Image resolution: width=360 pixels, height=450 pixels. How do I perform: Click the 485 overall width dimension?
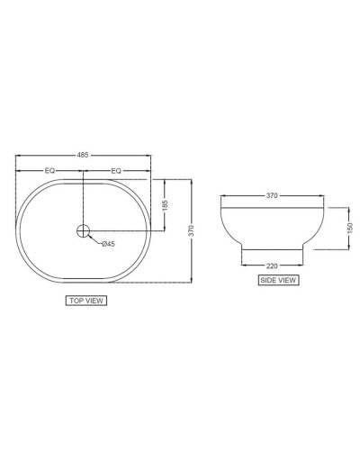(x=83, y=154)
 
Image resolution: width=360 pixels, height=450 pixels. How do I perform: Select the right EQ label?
(x=116, y=168)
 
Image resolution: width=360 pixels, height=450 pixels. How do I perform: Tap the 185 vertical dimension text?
(x=165, y=205)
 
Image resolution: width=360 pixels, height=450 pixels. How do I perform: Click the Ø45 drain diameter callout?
(x=107, y=244)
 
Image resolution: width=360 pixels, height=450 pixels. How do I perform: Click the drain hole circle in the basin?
(x=84, y=230)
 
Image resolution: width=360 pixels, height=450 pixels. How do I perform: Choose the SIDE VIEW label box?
(x=278, y=280)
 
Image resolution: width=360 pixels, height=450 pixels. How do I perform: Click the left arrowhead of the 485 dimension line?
(x=19, y=159)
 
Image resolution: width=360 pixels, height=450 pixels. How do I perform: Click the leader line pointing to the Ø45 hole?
(x=94, y=239)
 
